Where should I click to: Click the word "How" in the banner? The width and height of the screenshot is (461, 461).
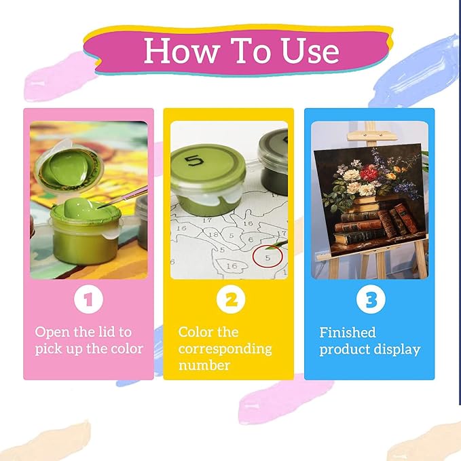tap(181, 50)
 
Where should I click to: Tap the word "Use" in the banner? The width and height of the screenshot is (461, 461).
tap(310, 50)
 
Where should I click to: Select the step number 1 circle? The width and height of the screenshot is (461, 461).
tap(88, 299)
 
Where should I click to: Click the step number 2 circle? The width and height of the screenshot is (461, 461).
tap(231, 299)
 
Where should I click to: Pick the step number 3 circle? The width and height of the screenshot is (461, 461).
tap(371, 299)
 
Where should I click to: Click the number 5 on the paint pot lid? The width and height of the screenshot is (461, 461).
tap(194, 161)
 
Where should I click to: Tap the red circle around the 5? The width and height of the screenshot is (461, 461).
tap(268, 256)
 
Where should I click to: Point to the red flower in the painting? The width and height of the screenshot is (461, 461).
tap(369, 172)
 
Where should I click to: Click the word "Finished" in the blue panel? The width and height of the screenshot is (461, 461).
tap(348, 333)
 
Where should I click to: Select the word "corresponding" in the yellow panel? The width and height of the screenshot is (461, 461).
tap(225, 350)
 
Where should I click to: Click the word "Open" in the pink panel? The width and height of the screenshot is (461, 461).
tap(52, 333)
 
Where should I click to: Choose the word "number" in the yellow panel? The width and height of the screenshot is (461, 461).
tap(204, 365)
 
